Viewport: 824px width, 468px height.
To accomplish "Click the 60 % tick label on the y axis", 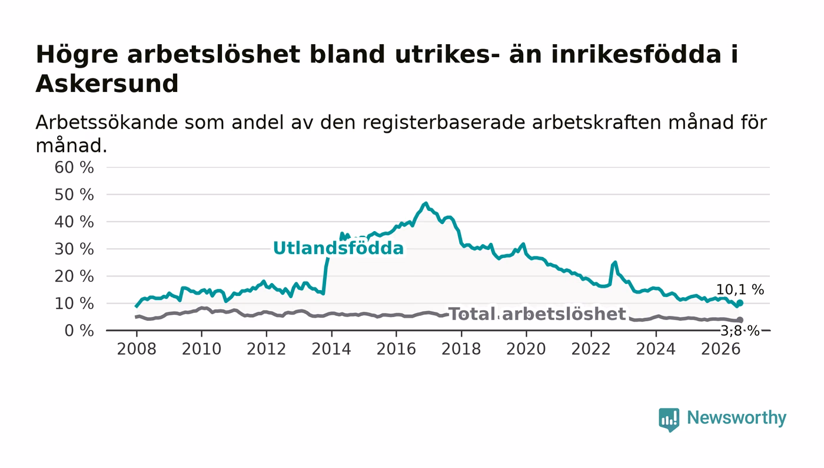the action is [x=74, y=167].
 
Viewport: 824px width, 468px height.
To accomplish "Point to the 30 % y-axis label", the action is [x=74, y=249].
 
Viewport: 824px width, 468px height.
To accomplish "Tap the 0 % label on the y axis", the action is [x=79, y=331].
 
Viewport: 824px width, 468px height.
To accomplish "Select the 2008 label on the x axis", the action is [x=137, y=349].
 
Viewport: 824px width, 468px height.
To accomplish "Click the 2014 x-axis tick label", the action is [x=331, y=349].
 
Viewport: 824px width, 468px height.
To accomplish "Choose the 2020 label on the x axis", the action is [x=526, y=349].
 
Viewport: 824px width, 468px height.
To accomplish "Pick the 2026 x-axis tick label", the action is [x=720, y=349].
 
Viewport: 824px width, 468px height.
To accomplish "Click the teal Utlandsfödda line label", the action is [x=338, y=248].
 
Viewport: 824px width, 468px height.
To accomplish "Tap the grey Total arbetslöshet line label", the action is [x=537, y=314].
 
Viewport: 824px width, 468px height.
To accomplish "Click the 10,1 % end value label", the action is [x=740, y=290].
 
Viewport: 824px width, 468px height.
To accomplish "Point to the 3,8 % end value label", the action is [x=740, y=331].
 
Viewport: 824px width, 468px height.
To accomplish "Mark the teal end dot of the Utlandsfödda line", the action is [x=740, y=303].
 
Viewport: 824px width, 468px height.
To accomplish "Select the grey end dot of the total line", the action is [x=740, y=320].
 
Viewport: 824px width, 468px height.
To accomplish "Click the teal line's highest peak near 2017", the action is [x=426, y=203].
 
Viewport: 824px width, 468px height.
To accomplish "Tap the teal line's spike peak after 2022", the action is [x=614, y=262].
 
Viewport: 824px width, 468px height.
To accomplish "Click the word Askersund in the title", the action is [x=107, y=84].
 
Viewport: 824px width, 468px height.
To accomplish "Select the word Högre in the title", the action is [x=77, y=55].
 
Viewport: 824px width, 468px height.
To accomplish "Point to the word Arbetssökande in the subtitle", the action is [x=107, y=123].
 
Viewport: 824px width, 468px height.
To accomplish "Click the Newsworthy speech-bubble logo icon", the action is [x=669, y=420].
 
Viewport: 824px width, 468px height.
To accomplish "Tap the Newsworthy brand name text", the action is [x=737, y=418].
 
